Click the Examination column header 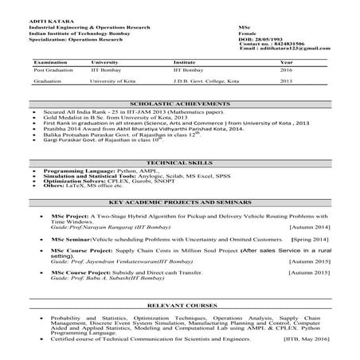[50, 62]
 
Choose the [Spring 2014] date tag [316, 240]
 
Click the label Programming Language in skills [71, 171]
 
